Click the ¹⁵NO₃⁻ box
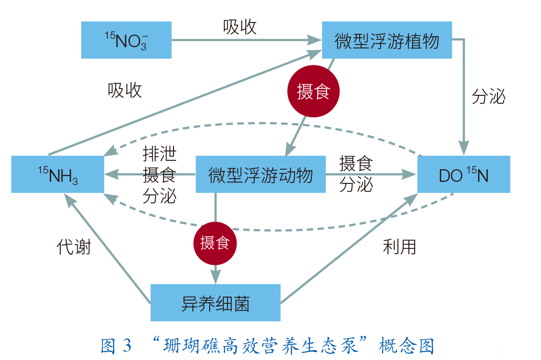(126, 40)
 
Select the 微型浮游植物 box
(386, 40)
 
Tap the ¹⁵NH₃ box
(58, 174)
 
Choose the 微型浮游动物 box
(260, 174)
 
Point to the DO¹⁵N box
(463, 174)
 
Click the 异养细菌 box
(215, 303)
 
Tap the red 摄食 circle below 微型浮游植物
(313, 92)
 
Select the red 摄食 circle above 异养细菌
(215, 243)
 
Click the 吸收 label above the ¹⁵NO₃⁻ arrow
(240, 27)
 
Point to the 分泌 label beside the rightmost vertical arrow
(488, 96)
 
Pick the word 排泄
(159, 154)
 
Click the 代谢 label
(73, 247)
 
